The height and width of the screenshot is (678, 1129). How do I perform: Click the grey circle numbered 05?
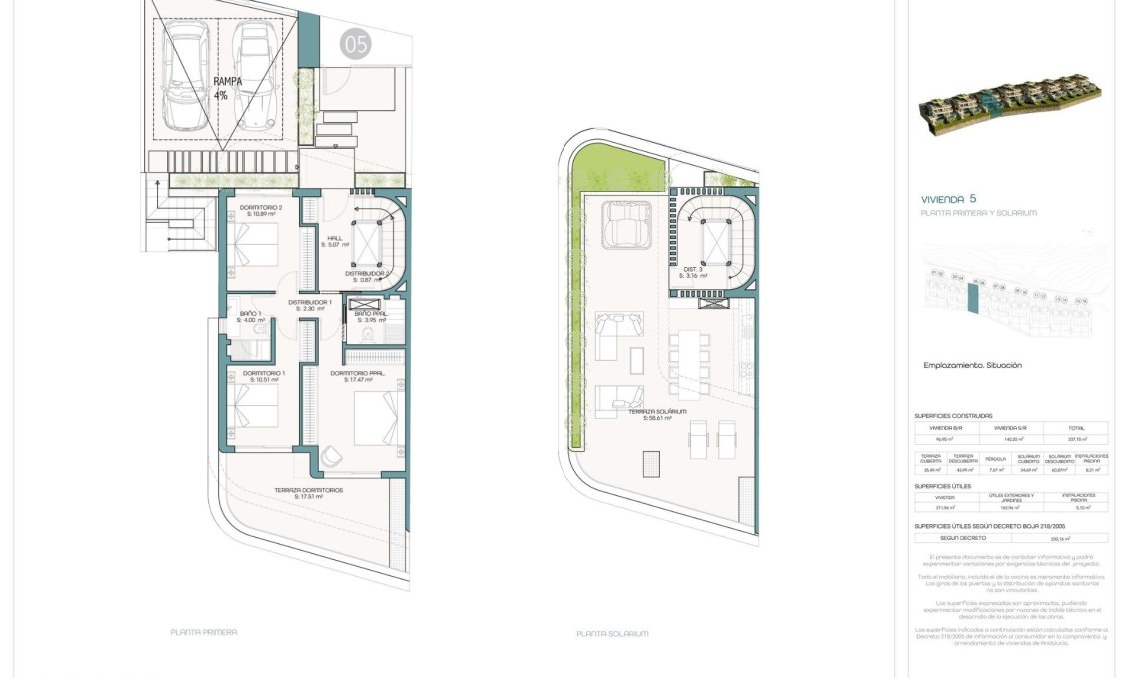coord(355,44)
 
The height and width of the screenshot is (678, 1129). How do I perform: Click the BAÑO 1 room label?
coord(250,316)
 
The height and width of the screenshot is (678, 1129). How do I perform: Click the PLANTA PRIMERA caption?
coord(204,632)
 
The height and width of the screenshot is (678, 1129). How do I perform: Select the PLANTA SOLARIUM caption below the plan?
coord(612,633)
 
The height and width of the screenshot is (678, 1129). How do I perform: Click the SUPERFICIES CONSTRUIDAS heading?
coord(954,415)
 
